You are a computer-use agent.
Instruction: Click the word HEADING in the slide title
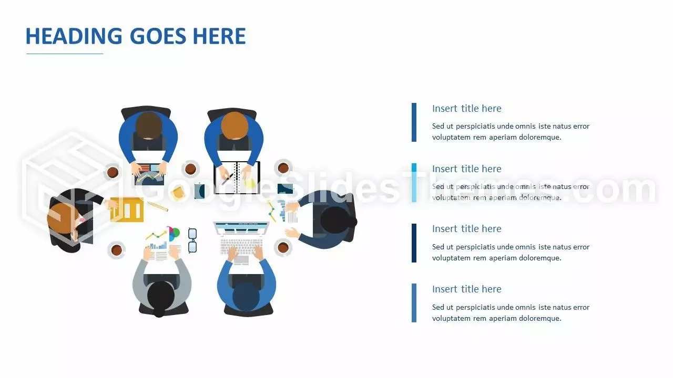[74, 36]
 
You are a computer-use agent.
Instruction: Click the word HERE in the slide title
[219, 36]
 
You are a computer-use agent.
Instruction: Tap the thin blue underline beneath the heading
[65, 54]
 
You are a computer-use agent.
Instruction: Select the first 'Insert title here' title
[466, 108]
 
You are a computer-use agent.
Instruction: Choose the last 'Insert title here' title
[466, 289]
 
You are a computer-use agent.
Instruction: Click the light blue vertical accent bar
[414, 183]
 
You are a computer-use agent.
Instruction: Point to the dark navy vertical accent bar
[414, 243]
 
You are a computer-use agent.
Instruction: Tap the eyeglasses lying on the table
[192, 240]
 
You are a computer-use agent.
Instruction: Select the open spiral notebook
[237, 177]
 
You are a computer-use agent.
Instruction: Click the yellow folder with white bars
[127, 209]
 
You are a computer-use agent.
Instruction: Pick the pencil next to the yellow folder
[158, 206]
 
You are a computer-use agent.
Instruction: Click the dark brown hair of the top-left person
[148, 125]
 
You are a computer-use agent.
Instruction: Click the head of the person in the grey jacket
[161, 298]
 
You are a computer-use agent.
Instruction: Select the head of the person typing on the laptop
[246, 297]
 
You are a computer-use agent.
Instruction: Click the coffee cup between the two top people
[190, 169]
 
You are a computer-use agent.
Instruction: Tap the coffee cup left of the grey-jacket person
[117, 249]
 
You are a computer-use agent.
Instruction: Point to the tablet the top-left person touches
[150, 174]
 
